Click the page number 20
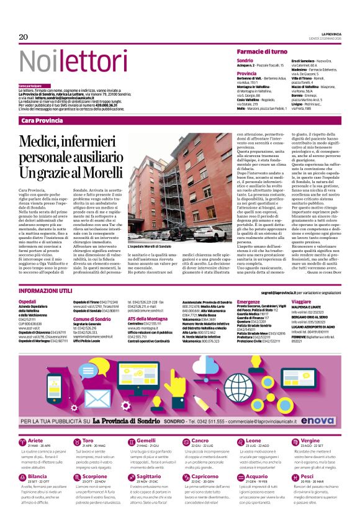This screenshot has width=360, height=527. click(24, 37)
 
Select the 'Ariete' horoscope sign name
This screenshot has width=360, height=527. click(36, 440)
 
